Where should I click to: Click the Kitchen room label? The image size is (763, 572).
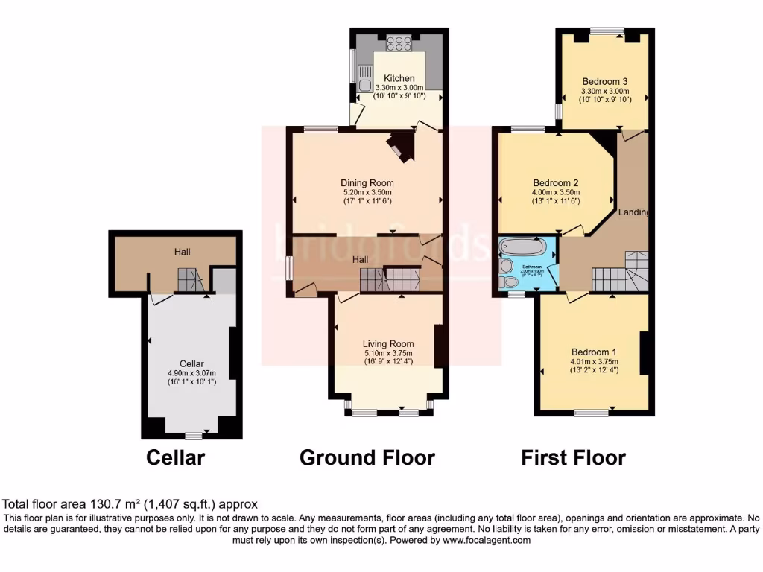(399, 78)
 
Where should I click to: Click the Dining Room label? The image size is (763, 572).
(367, 182)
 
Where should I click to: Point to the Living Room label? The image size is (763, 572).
(387, 343)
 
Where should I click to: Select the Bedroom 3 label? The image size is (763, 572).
(605, 81)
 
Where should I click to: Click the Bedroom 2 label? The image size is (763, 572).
(556, 182)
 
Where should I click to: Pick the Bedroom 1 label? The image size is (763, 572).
(594, 352)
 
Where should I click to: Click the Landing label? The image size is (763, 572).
(633, 212)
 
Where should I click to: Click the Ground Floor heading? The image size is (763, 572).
(367, 457)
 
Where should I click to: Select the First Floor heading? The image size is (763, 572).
(573, 457)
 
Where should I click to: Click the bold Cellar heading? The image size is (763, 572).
(175, 457)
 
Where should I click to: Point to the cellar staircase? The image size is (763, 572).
(189, 281)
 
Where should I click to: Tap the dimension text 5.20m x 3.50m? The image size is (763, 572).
(367, 192)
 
